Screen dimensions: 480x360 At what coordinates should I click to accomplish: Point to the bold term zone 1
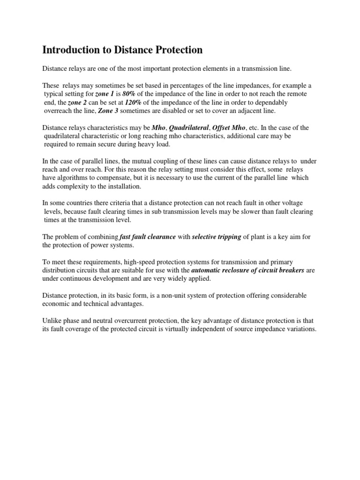pos(105,94)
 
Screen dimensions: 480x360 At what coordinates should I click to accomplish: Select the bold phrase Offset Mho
pos(229,127)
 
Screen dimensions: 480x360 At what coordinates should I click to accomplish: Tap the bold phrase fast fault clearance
pos(148,237)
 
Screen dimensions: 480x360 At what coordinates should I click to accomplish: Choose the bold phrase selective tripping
pos(217,237)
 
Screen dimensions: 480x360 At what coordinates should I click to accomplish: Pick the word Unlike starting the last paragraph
pos(52,321)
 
